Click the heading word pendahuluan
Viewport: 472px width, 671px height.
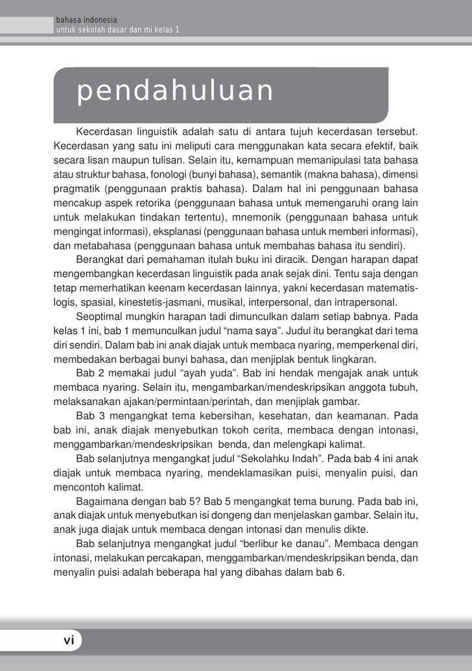tap(175, 91)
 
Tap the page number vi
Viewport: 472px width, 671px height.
tap(68, 641)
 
